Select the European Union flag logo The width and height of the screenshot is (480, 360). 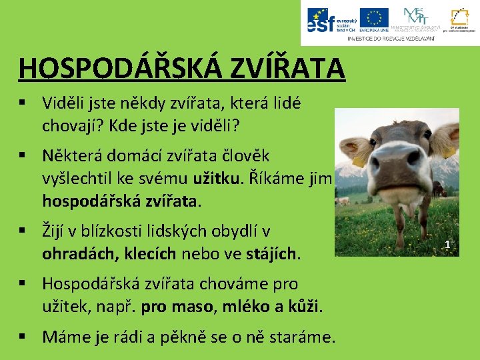pos(374,21)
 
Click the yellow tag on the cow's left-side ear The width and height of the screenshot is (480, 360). pos(359,161)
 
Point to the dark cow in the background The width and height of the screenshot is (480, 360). pos(343,201)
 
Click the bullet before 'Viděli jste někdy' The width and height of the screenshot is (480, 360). pos(23,103)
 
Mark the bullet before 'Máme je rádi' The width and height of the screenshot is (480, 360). pos(23,337)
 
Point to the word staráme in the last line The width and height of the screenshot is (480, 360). pos(303,337)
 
